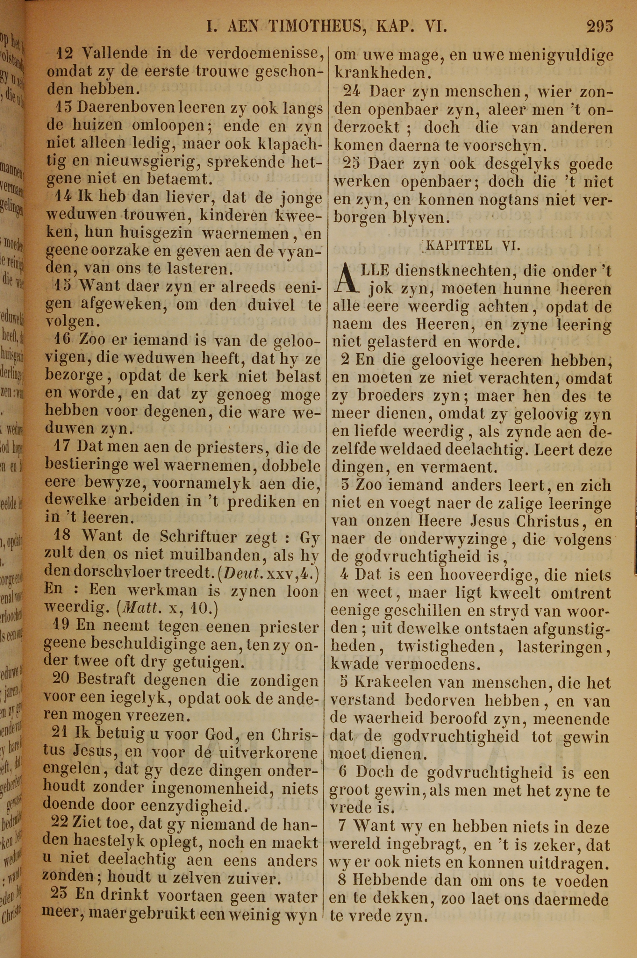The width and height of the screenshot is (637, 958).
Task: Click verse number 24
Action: [x=351, y=92]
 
